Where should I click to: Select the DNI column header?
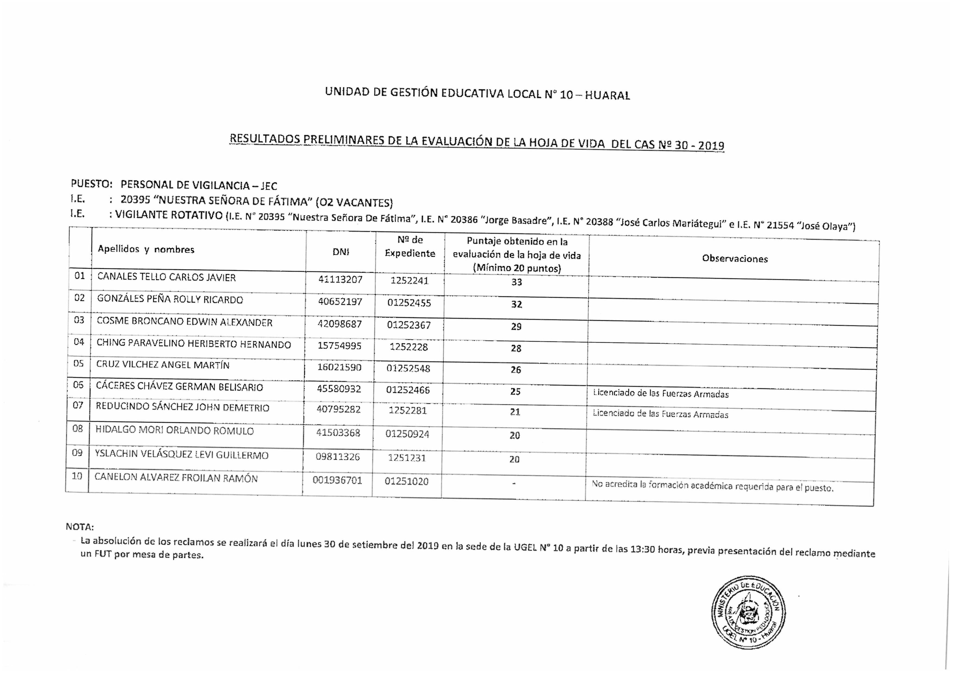click(x=341, y=252)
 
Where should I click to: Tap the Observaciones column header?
click(x=735, y=259)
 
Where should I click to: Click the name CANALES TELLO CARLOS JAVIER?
click(x=167, y=277)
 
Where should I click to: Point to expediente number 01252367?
click(x=409, y=325)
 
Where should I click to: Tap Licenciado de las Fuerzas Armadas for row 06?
click(x=660, y=393)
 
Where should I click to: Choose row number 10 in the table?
click(x=77, y=476)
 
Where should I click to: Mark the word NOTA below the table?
click(x=80, y=527)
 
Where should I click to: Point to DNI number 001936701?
click(x=337, y=480)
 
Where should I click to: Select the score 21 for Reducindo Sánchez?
click(x=515, y=412)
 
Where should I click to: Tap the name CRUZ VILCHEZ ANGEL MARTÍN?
click(x=163, y=365)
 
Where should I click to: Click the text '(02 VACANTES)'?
click(x=354, y=203)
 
